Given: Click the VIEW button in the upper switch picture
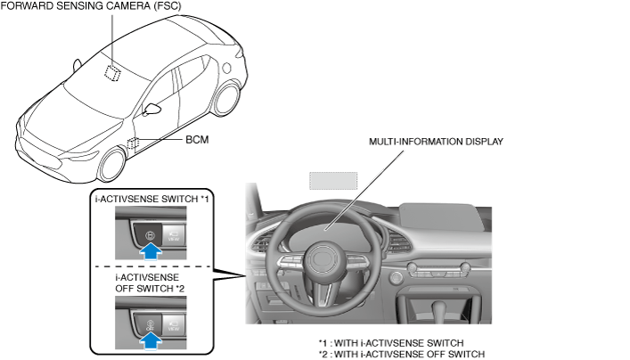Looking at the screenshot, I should coord(174,236).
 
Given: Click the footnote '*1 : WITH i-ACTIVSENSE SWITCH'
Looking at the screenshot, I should coord(390,342).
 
